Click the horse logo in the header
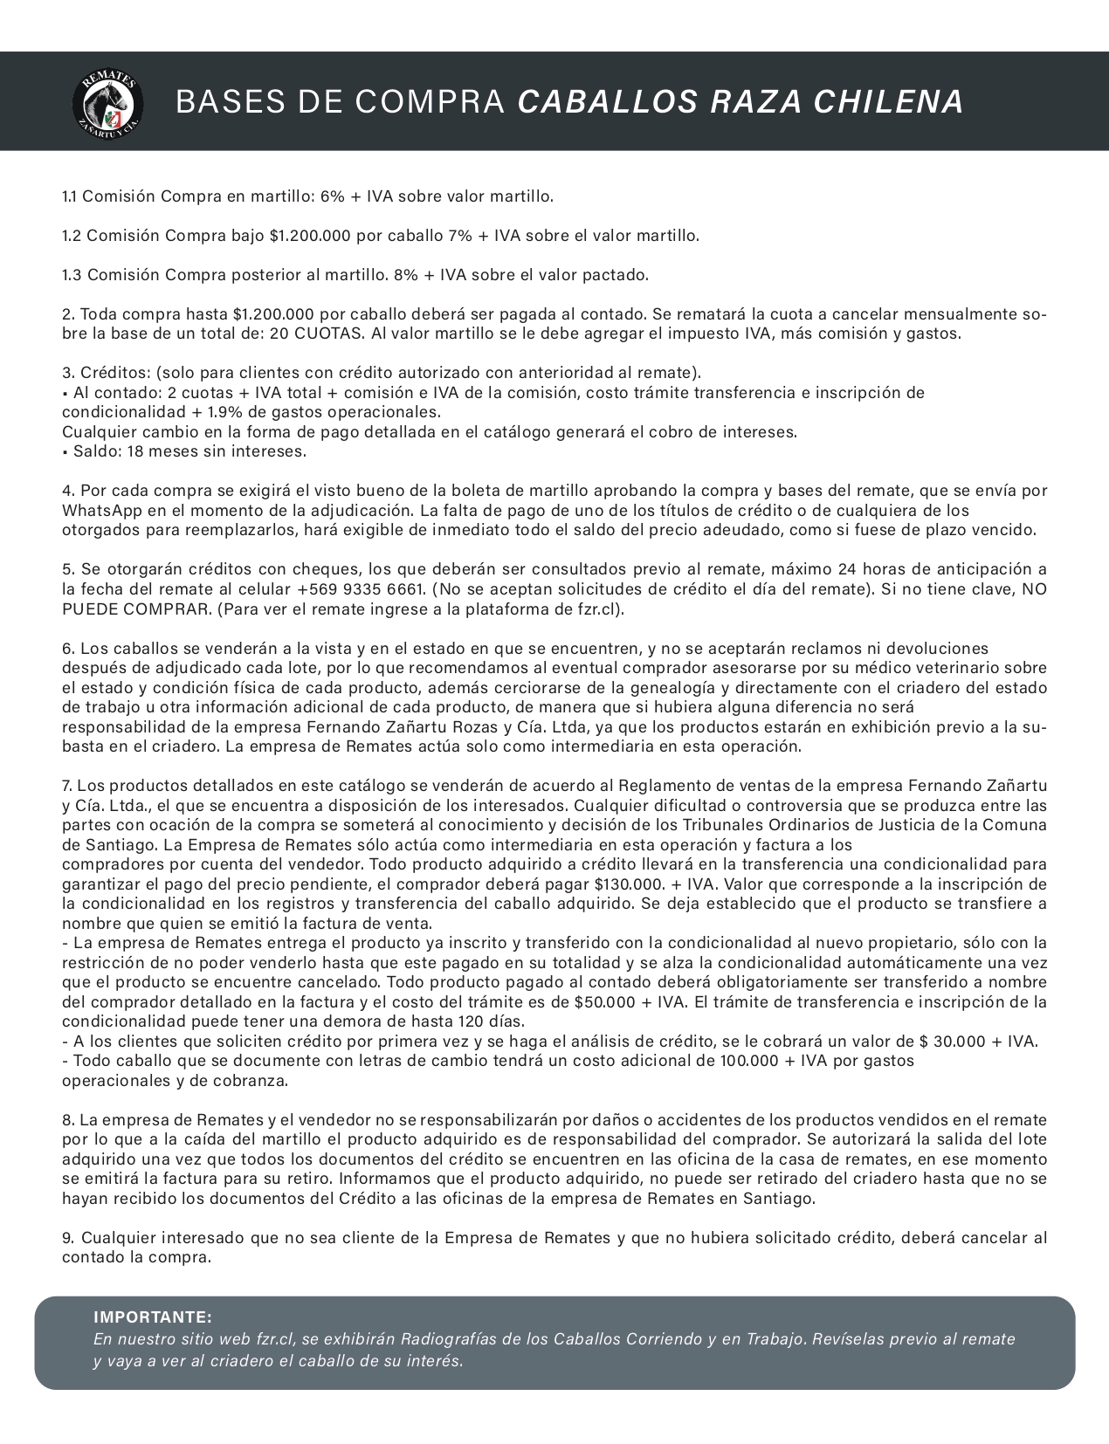(108, 101)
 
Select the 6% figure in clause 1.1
(333, 196)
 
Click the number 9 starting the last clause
(66, 1238)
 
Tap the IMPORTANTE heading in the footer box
(152, 1317)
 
